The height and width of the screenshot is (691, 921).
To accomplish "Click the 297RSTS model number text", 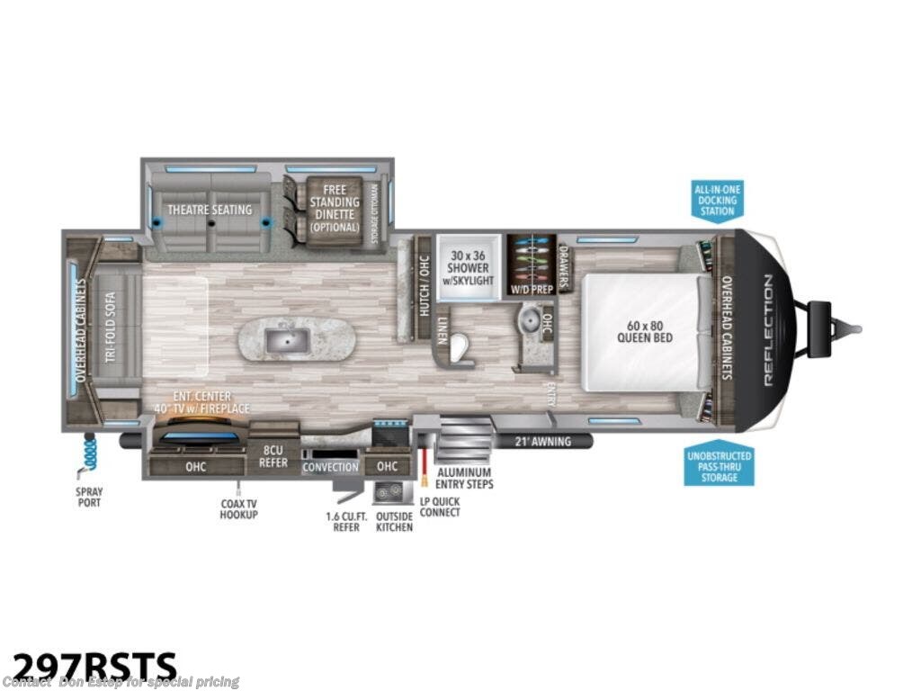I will coord(90,666).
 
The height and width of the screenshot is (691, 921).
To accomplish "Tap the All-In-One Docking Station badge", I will coord(717,200).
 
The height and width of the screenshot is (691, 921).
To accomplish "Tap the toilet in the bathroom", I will coord(461,349).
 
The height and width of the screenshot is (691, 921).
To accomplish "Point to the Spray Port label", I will coord(88,497).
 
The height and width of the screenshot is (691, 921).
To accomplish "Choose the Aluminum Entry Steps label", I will coord(464,478).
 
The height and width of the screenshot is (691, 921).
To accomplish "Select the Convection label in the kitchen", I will coord(330,467).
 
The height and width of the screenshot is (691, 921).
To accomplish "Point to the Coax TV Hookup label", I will coord(239,508).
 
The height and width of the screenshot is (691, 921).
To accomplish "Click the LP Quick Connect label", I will coord(439,507).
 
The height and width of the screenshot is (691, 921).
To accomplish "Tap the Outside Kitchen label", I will coord(395,522).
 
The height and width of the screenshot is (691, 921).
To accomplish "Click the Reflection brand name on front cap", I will coord(768,330).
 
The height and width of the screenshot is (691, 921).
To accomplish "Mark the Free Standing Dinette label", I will coord(334,208).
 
